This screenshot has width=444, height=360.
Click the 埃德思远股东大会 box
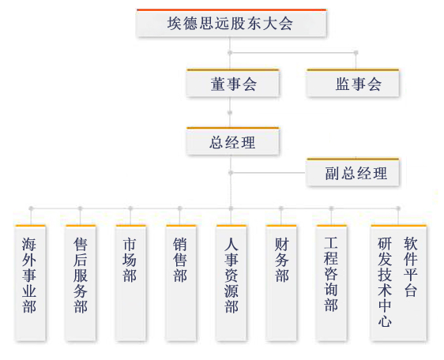point(231,23)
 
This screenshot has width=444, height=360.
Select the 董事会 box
point(233,83)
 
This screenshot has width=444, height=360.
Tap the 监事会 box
point(353,83)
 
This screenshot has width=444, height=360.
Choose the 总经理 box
point(233,141)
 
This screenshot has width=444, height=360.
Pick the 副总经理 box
point(353,172)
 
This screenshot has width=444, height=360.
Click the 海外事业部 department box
point(30,283)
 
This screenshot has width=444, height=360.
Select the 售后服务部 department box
point(81,283)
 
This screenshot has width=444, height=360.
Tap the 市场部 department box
point(130,283)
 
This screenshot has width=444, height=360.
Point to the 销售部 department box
point(181,283)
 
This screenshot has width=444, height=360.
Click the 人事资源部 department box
point(231,283)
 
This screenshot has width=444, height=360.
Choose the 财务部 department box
point(281,283)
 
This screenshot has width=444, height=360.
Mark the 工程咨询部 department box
point(331,283)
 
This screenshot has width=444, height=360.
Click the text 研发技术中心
point(385,282)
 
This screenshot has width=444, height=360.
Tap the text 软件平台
point(411,267)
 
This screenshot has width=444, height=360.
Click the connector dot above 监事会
point(356,53)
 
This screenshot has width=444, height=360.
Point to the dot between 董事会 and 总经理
point(230,113)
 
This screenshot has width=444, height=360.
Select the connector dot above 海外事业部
point(31,208)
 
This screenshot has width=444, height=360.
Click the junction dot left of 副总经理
point(231,172)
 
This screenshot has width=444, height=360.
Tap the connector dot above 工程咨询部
point(331,208)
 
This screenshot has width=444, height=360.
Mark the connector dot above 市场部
point(130,208)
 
